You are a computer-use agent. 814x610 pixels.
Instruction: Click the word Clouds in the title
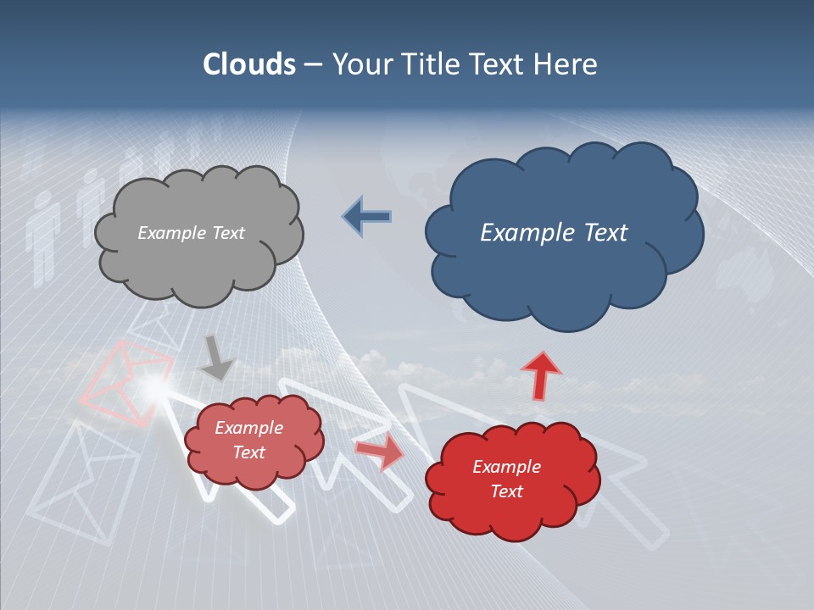(249, 64)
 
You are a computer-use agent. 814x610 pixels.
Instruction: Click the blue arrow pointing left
(366, 217)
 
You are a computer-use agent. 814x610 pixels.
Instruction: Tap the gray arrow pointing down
(215, 358)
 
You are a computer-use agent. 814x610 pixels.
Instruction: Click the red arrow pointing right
(379, 452)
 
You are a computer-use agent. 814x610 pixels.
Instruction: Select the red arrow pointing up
(540, 374)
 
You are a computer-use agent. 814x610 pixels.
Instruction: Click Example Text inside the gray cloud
(191, 233)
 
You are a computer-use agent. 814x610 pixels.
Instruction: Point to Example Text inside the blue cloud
(554, 233)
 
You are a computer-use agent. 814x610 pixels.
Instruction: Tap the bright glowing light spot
(153, 387)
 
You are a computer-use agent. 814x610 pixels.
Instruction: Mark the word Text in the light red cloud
(249, 452)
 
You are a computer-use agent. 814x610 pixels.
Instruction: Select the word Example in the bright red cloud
(506, 467)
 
